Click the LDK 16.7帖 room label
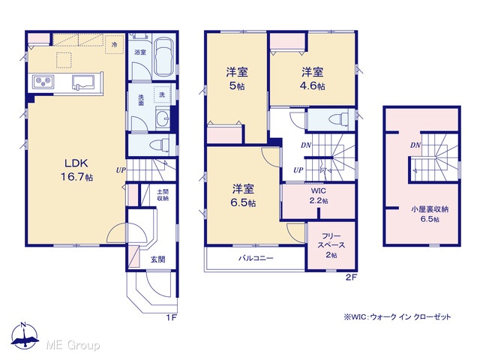tap(76, 170)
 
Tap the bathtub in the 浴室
tap(164, 58)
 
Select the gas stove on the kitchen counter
tap(43, 82)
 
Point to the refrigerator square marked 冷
tap(114, 45)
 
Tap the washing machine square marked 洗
tap(162, 94)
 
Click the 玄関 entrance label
tap(158, 259)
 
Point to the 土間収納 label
tap(163, 195)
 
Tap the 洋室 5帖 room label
tap(237, 79)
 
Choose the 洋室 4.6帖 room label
tap(312, 79)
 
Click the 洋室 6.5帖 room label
tap(243, 196)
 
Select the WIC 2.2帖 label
tap(319, 196)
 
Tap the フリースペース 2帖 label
tap(331, 245)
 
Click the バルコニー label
tap(256, 258)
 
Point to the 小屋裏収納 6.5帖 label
tap(430, 214)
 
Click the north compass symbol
tap(25, 335)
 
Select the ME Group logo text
tap(73, 345)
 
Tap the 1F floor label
tap(172, 317)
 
